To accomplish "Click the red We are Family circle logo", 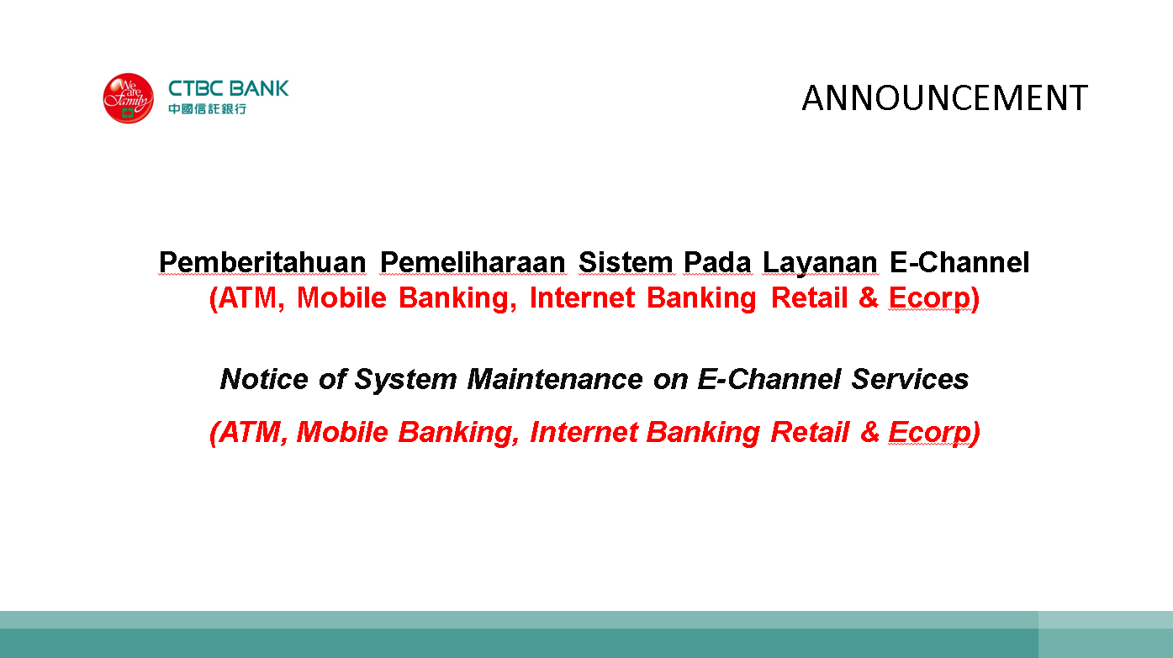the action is (129, 98).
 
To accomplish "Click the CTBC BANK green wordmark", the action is (229, 88).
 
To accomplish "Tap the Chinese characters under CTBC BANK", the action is (208, 109).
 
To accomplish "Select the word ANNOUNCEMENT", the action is (945, 97).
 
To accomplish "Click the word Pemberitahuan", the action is (262, 262).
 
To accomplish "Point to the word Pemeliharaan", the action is (473, 262).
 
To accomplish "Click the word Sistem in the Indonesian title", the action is (626, 262).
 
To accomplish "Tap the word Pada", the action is (718, 262).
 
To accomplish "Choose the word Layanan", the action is (820, 263).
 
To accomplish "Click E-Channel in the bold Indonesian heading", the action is (960, 262).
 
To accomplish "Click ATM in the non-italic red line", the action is (247, 297).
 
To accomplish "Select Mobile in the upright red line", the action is (342, 297).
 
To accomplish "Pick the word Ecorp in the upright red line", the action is (929, 299).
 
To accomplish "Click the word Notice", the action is (264, 379).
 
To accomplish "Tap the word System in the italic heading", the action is (406, 380).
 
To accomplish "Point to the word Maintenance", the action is (555, 379).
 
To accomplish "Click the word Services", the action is (910, 379).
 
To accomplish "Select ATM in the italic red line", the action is (249, 433).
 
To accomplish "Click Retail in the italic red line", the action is (810, 433).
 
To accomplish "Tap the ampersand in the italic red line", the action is (869, 433).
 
